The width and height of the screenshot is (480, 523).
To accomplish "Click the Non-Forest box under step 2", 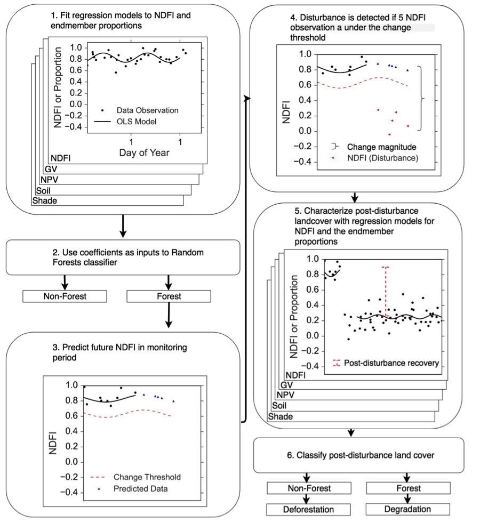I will click(x=65, y=296).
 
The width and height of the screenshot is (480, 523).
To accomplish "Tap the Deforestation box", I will click(x=307, y=509).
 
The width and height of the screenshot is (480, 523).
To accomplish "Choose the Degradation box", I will click(x=407, y=509).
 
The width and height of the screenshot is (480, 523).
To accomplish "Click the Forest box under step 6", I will click(x=408, y=488).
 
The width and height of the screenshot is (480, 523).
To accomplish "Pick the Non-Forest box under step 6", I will click(x=309, y=488).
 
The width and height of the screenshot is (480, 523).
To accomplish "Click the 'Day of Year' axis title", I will click(x=144, y=153).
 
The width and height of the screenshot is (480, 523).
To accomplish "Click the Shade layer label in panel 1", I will click(x=45, y=200).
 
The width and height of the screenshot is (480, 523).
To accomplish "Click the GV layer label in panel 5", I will click(x=287, y=385).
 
